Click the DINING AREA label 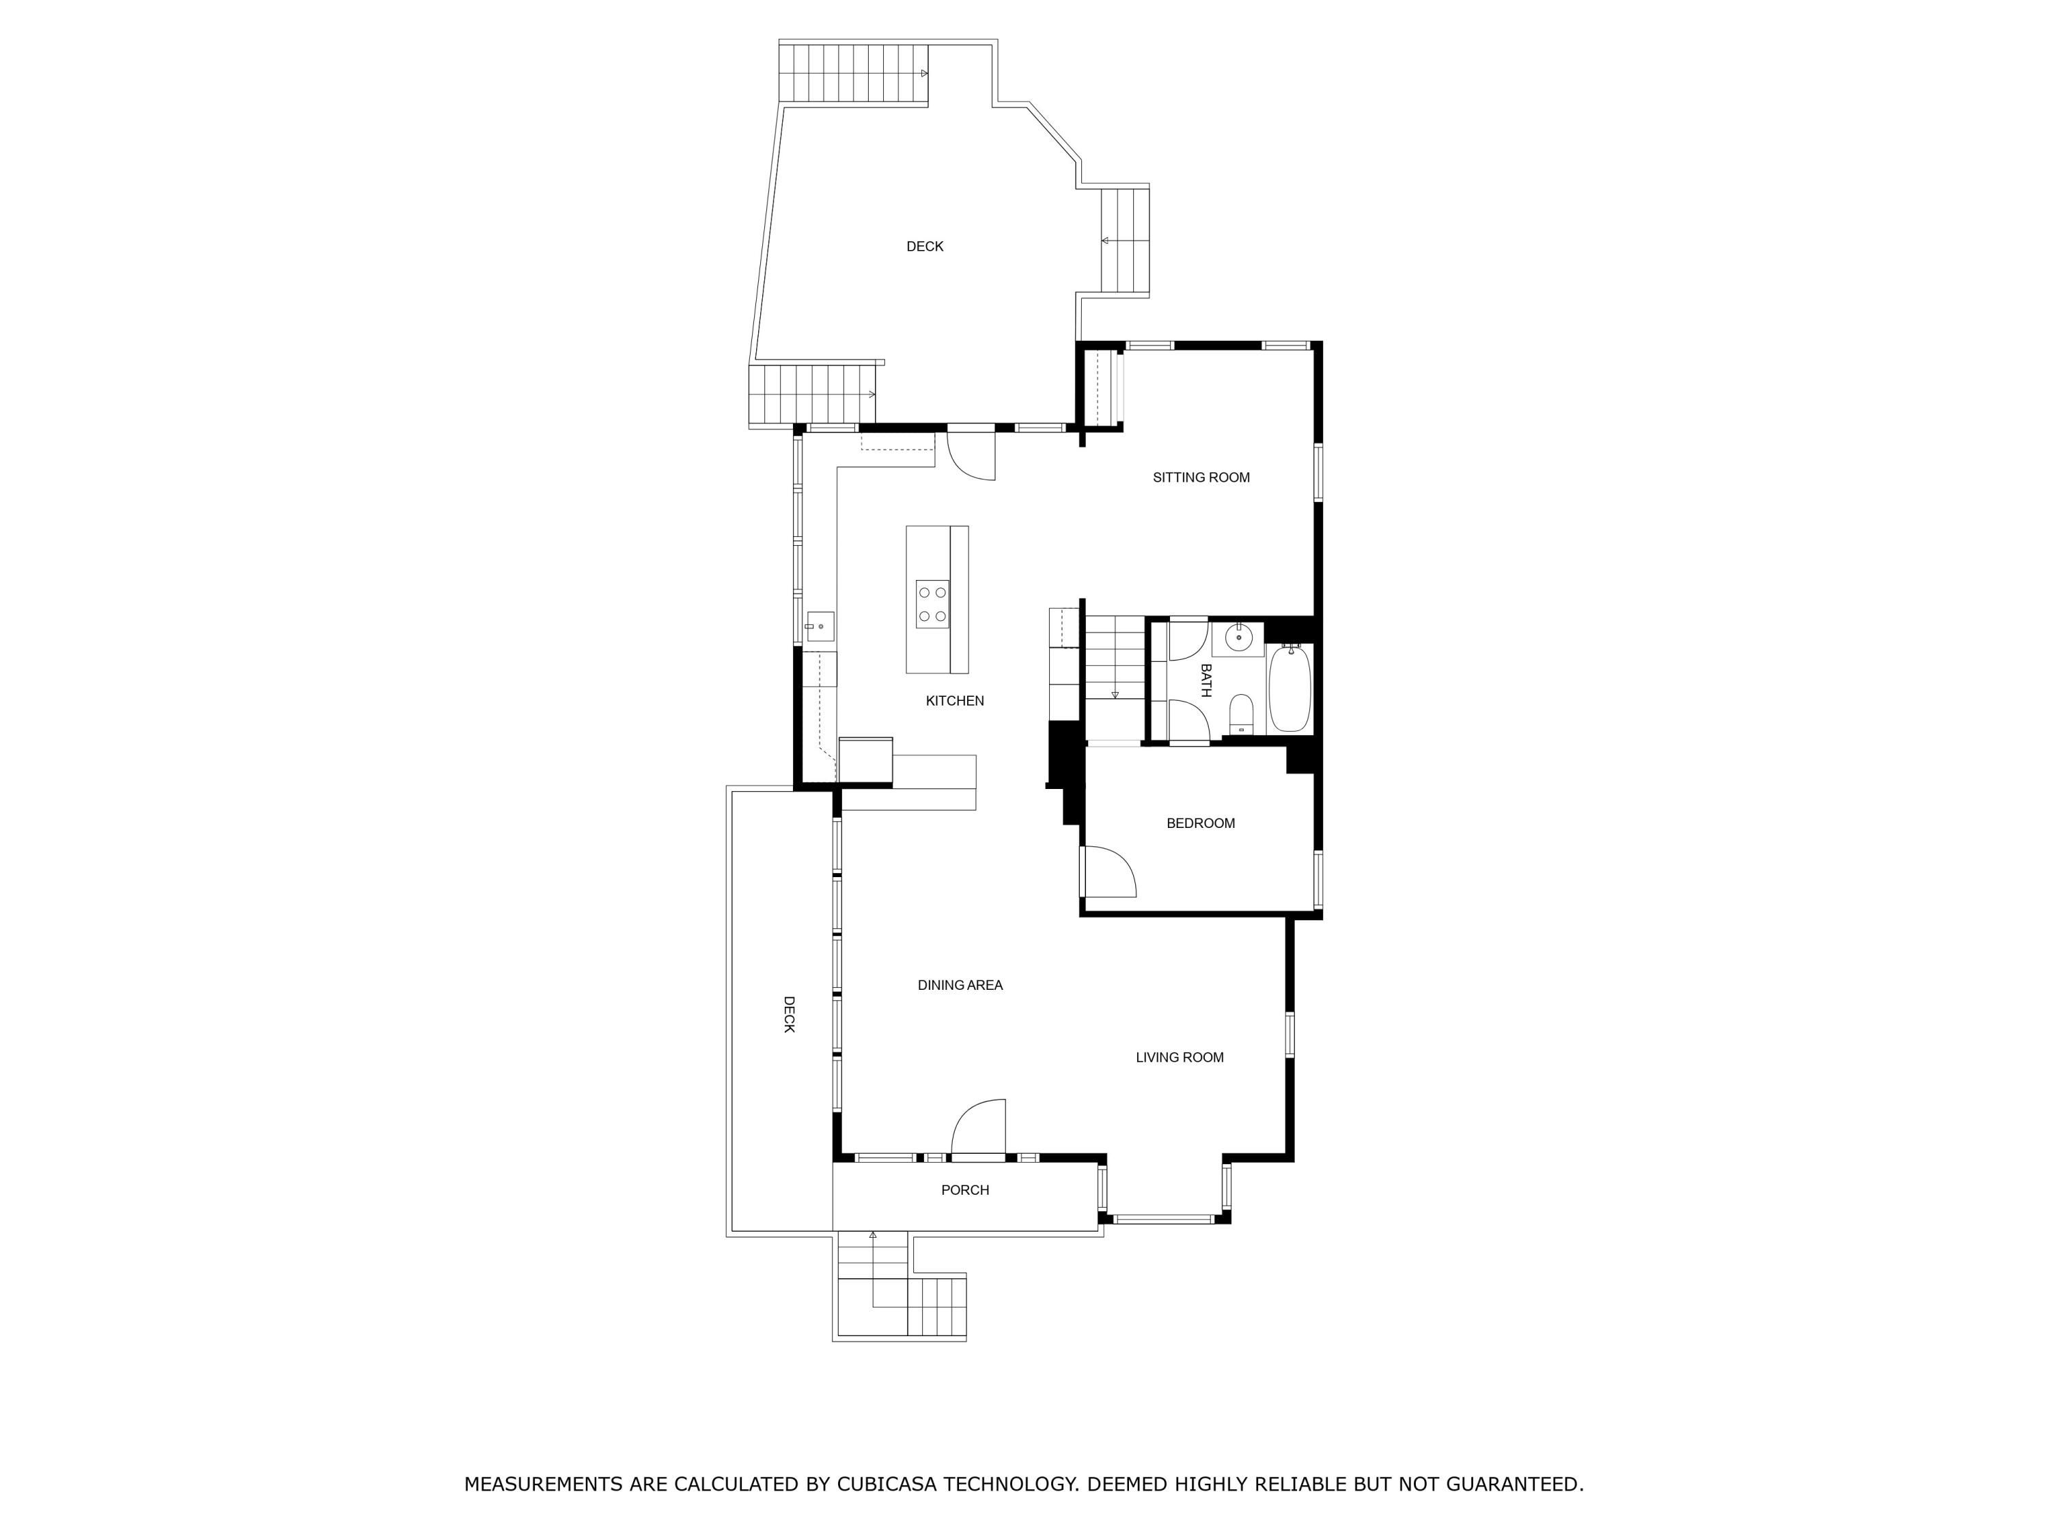coord(960,986)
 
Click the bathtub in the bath coord(1290,689)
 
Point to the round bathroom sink coord(1240,638)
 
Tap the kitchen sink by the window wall coord(820,626)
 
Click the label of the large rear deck coord(925,247)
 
